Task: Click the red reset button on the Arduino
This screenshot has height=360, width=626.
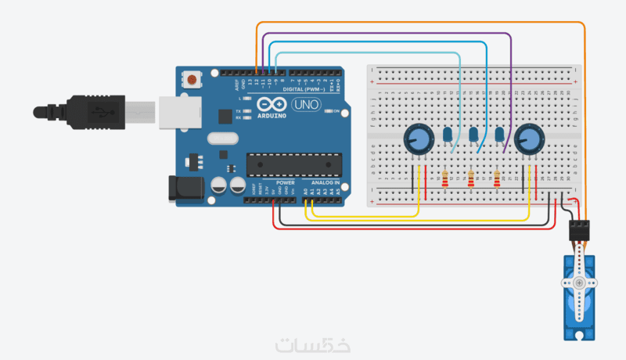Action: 191,78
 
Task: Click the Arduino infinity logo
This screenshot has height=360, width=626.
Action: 269,105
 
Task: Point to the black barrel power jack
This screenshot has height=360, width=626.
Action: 185,188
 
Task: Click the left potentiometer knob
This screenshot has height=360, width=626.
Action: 418,140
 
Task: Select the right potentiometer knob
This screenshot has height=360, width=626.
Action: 528,140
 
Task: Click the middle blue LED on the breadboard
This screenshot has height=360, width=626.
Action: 473,136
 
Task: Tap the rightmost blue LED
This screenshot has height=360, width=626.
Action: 499,136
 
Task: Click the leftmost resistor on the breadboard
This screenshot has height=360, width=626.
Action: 445,181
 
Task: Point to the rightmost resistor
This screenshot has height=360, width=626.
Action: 498,181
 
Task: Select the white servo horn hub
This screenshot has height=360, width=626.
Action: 579,282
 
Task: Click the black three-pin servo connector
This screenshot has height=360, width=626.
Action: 577,230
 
